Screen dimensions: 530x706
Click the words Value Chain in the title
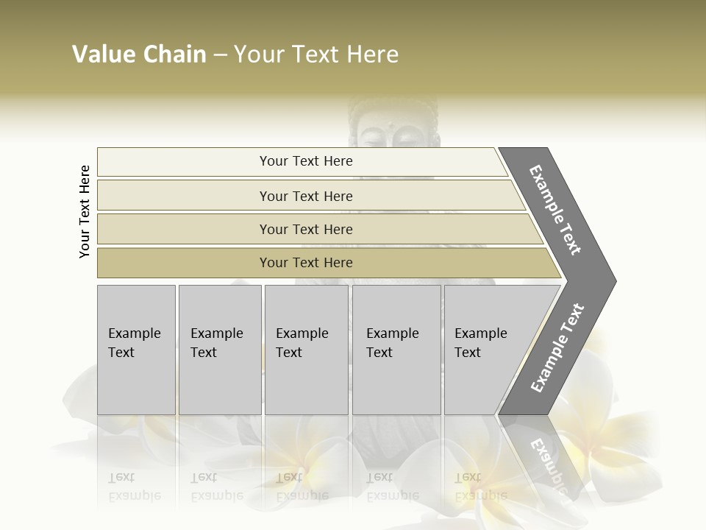point(139,54)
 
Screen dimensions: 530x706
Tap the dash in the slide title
point(220,55)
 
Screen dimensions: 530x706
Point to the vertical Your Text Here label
point(85,211)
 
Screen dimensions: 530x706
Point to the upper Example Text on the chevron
point(555,210)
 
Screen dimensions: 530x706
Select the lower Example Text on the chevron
point(557,347)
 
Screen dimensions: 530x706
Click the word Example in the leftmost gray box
point(134,333)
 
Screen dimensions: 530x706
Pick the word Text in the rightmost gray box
point(467,353)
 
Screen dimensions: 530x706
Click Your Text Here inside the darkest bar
point(306,263)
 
